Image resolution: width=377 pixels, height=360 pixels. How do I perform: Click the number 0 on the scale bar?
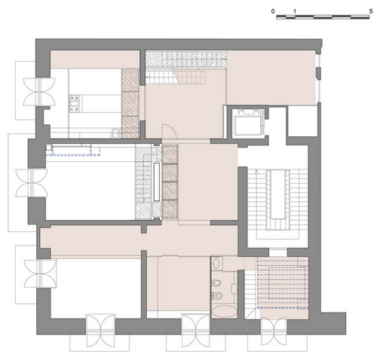point(273,11)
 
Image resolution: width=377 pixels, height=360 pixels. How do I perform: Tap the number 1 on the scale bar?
point(295,11)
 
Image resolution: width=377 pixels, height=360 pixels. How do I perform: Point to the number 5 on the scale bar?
point(371,11)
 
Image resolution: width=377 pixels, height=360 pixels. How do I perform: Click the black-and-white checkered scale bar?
point(323,17)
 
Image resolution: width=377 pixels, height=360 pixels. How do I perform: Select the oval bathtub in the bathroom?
point(225,312)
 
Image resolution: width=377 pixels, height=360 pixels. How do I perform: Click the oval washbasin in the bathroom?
point(216,264)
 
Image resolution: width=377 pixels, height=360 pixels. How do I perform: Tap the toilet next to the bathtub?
point(217,295)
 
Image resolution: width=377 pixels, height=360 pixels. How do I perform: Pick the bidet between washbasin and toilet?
point(216,284)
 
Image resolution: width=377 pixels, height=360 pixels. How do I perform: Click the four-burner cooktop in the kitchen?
point(75,103)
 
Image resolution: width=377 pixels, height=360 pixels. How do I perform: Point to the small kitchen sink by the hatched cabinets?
point(116,133)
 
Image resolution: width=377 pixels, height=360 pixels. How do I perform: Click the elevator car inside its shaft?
point(247,124)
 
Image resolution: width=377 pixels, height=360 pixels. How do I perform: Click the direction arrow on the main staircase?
point(256,172)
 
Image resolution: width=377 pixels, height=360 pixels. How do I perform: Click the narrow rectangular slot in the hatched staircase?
point(157,182)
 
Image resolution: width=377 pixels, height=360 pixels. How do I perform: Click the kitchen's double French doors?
point(39,92)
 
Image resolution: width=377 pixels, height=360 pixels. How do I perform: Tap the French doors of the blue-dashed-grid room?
point(274,331)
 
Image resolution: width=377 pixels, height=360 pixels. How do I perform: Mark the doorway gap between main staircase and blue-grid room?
point(278,252)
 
